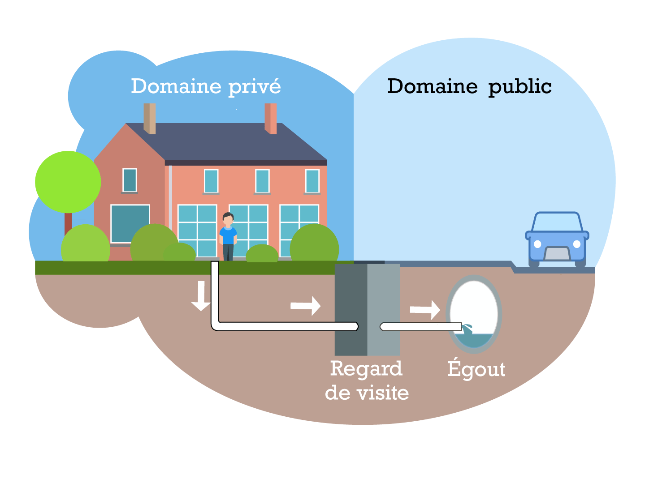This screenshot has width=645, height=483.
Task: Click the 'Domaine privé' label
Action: click(x=206, y=86)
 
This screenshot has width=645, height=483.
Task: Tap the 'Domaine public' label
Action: click(x=469, y=86)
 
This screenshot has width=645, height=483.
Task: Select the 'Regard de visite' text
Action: click(x=367, y=380)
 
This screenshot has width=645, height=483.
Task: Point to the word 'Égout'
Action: click(x=476, y=369)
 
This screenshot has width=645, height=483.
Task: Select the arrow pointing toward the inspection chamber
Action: click(x=306, y=306)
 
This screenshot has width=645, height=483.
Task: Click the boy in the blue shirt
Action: click(x=228, y=236)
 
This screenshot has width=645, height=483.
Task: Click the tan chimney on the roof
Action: click(x=150, y=118)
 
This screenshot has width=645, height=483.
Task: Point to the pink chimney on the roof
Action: click(x=271, y=118)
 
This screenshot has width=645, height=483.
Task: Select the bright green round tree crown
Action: click(x=68, y=182)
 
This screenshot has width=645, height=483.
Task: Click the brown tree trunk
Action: click(x=68, y=224)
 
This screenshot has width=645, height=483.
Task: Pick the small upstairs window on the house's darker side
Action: click(x=130, y=180)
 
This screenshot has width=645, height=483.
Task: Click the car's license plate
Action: click(x=557, y=254)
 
